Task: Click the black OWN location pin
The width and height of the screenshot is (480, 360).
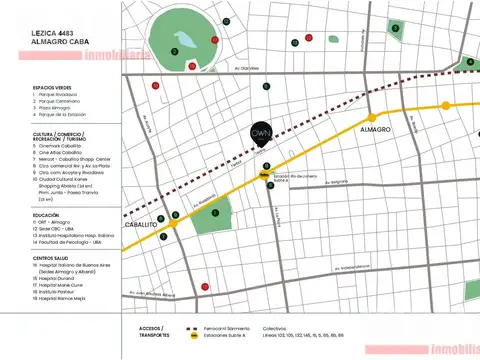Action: [x=261, y=134]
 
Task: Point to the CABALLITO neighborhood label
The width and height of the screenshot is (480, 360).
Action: [x=138, y=225]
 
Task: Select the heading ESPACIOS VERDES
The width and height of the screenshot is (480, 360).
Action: [x=51, y=87]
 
